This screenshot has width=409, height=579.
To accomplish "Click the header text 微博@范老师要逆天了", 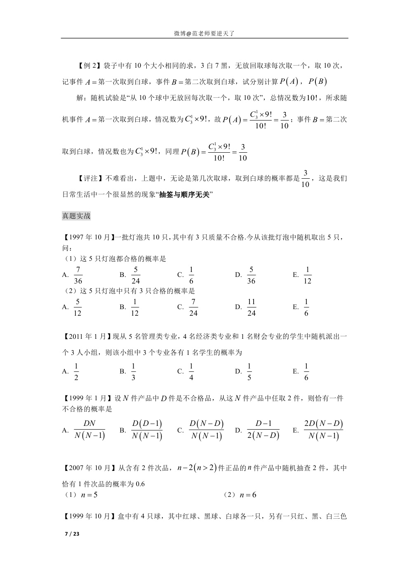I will (204, 33).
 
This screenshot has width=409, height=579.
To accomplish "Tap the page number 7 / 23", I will (72, 534).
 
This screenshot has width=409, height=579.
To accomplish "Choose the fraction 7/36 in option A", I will (78, 275).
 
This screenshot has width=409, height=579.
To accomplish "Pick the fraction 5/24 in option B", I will (136, 275).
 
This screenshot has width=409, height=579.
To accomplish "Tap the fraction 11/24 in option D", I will (251, 307).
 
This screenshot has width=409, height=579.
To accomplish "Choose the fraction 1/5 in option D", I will (249, 372).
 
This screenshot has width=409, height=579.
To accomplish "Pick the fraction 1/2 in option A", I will (76, 372).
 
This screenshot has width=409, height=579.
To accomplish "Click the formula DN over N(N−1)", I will (89, 430).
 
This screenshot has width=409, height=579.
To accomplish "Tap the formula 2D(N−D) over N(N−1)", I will (323, 430).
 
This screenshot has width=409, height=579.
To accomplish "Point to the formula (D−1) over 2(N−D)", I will (263, 430).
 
